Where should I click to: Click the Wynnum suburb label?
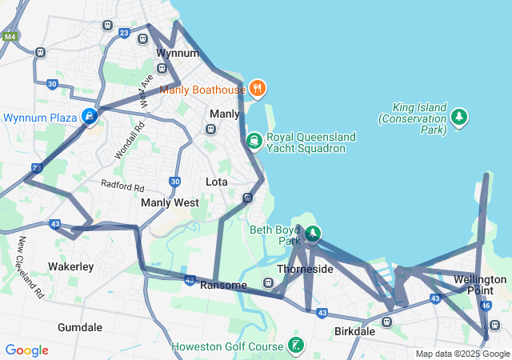pyautogui.click(x=177, y=53)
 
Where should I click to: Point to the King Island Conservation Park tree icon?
pyautogui.click(x=459, y=118)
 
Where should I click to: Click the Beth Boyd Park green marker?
pyautogui.click(x=313, y=234)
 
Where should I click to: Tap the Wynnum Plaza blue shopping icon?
pyautogui.click(x=90, y=118)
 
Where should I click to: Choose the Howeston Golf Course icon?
pyautogui.click(x=297, y=346)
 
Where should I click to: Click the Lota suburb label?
pyautogui.click(x=217, y=182)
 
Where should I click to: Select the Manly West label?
pyautogui.click(x=170, y=202)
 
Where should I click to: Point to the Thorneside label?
pyautogui.click(x=305, y=269)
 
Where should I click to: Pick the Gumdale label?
pyautogui.click(x=80, y=327)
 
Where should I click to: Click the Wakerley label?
pyautogui.click(x=71, y=266)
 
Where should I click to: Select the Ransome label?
pyautogui.click(x=223, y=285)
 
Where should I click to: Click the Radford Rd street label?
pyautogui.click(x=122, y=185)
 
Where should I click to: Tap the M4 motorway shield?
pyautogui.click(x=10, y=37)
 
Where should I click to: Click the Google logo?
pyautogui.click(x=26, y=350)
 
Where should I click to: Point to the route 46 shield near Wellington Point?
pyautogui.click(x=486, y=305)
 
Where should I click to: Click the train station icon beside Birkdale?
pyautogui.click(x=387, y=322)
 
